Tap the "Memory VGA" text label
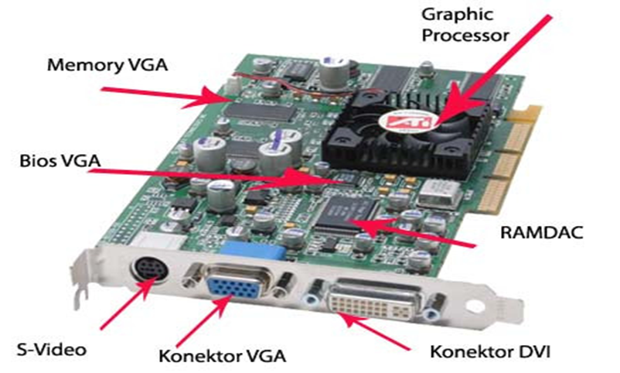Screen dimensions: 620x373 click(x=107, y=63)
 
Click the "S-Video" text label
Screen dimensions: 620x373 click(x=51, y=349)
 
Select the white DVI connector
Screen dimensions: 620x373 click(x=374, y=304)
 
